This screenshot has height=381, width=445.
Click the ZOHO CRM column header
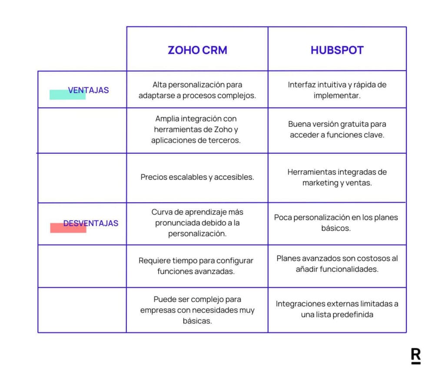197,50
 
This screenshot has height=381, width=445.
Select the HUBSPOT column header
337,50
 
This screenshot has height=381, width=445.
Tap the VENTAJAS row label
89,90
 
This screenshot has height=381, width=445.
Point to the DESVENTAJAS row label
91,223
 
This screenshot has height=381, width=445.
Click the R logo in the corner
415,355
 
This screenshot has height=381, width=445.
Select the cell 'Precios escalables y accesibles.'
197,177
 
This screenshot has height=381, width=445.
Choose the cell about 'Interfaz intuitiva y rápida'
337,90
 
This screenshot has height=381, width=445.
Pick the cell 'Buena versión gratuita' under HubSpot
337,129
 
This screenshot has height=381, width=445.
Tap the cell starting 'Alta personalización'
197,90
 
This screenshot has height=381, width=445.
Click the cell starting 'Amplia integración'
197,129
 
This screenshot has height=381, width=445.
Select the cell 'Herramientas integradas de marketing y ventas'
337,177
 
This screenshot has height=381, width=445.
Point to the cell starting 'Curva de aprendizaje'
197,223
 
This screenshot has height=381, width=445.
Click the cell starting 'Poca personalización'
337,223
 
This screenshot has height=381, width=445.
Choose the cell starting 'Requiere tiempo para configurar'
197,266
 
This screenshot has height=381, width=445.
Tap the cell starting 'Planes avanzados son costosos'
337,263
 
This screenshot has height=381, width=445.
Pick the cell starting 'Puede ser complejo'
197,310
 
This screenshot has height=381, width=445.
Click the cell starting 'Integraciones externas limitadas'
337,309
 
